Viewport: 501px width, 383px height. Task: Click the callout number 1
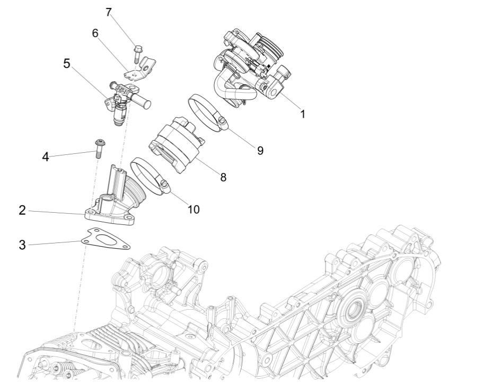pos(302,114)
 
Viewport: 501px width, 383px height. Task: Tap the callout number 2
pos(22,210)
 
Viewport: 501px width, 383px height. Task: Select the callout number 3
pos(22,245)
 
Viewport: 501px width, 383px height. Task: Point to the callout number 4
pos(46,157)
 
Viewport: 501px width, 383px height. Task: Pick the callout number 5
pos(67,63)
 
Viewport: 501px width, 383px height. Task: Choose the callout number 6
pos(95,33)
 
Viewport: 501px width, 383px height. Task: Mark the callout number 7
pos(109,12)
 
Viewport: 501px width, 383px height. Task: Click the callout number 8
pos(223,178)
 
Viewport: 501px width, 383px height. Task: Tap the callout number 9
pos(260,150)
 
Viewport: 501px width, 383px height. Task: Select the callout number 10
pos(194,209)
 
